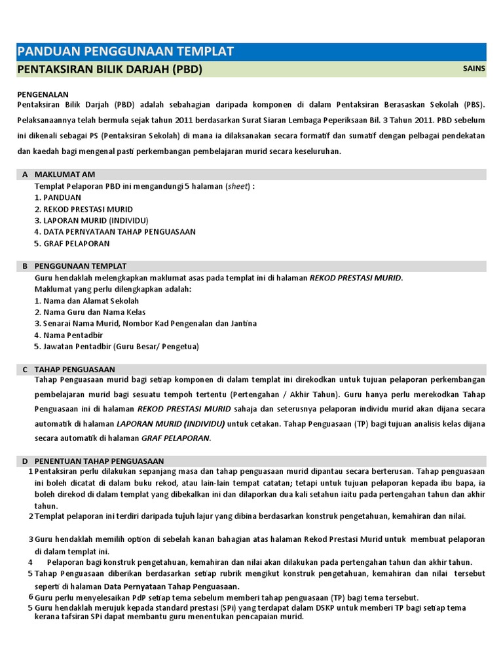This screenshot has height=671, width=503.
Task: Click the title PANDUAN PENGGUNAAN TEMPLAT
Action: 124,52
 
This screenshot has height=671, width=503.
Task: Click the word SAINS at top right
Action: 474,68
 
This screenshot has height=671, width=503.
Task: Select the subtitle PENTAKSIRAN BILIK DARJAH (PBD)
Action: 109,69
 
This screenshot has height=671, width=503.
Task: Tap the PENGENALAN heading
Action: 43,94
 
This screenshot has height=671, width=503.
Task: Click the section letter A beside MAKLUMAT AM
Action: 25,174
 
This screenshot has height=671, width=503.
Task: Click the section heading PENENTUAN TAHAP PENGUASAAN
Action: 99,461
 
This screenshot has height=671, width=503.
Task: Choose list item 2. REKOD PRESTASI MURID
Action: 83,209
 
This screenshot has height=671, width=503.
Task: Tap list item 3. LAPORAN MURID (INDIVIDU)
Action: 91,220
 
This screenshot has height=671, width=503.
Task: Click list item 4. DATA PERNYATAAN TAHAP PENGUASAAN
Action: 115,231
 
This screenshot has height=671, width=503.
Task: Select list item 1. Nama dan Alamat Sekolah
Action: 86,301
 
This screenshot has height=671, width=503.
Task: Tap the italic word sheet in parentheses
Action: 238,186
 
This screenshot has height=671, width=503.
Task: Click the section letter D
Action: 25,461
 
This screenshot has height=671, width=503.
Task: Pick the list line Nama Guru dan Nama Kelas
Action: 90,312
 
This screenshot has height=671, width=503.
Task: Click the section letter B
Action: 25,266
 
